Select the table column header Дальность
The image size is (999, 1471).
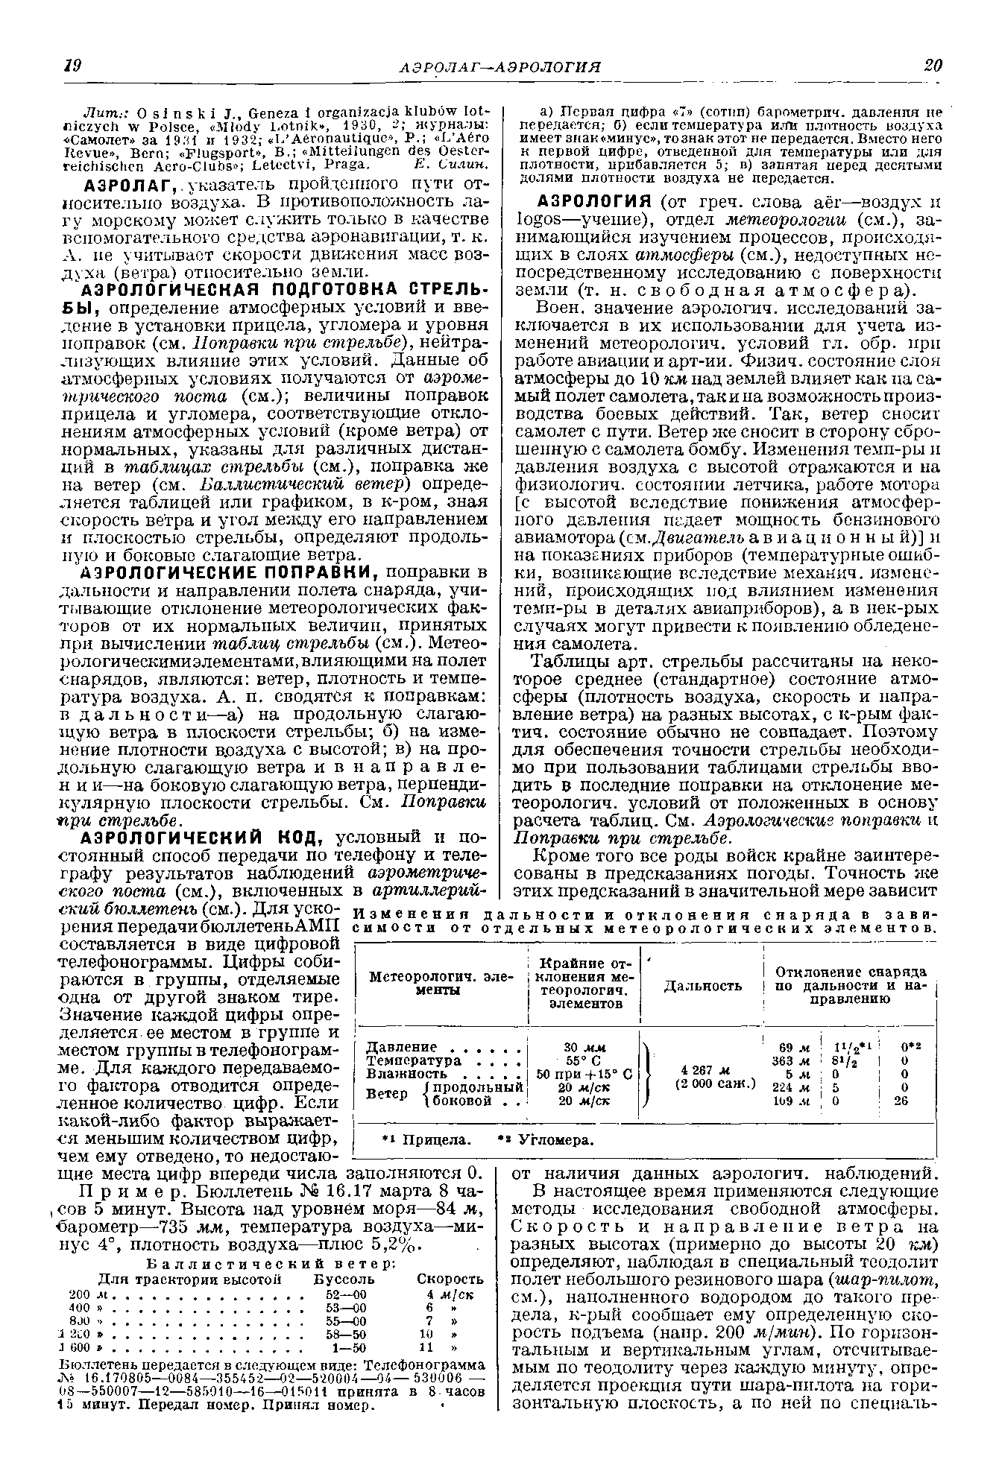[x=702, y=986]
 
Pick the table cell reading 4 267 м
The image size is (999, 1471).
[x=702, y=1069]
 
